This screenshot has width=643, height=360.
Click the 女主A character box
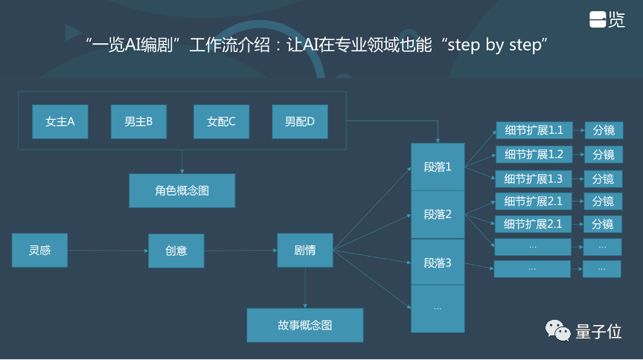tap(60, 121)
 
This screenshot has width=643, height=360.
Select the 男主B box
tap(138, 121)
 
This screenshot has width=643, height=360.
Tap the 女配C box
tap(221, 121)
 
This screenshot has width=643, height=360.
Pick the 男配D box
tap(300, 121)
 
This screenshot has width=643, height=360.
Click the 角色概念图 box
tap(182, 190)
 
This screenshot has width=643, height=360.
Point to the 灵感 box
tap(39, 250)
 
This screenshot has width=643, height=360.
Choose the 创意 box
tap(176, 250)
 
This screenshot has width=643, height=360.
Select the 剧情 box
tap(305, 250)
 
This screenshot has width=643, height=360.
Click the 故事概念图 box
tap(305, 325)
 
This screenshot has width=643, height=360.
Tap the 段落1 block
tap(438, 167)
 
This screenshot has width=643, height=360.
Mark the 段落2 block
tap(438, 214)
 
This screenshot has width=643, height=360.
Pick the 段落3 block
tap(438, 262)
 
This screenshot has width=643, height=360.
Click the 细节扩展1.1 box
tap(533, 130)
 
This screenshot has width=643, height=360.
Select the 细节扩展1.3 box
tap(533, 179)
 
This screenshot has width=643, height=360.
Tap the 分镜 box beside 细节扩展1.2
tap(603, 155)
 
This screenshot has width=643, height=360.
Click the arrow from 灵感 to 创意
tap(108, 251)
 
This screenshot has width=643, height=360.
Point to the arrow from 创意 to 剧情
tap(240, 251)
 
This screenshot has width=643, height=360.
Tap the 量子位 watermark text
tap(598, 332)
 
